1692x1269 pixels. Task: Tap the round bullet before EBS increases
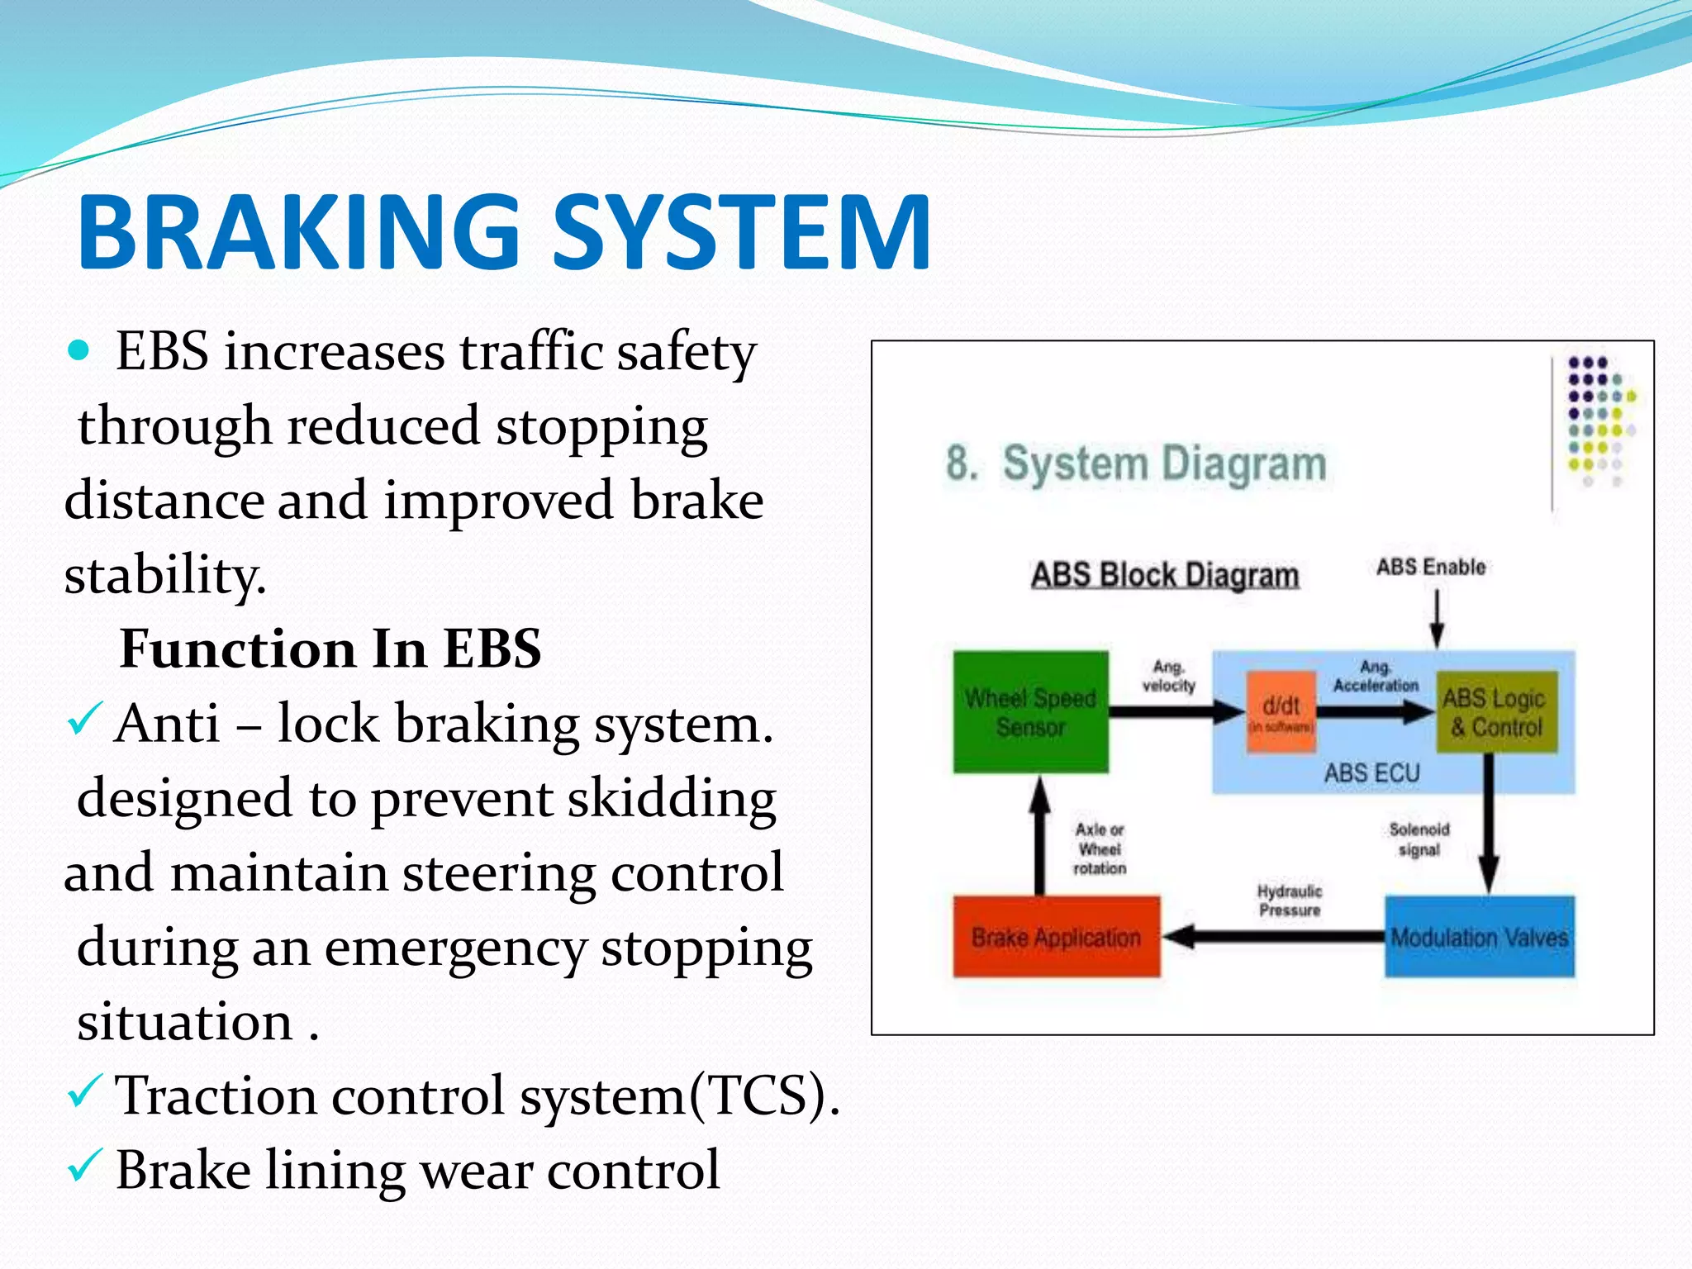click(78, 351)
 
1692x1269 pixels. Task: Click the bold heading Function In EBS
click(330, 649)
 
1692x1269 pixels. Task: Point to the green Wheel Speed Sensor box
click(1030, 712)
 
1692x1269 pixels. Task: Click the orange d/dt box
click(1281, 711)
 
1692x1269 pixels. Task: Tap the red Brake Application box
click(1056, 937)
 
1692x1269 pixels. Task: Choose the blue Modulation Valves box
click(1479, 937)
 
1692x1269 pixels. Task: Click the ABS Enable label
click(1430, 567)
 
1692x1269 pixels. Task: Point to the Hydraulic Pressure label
click(1289, 901)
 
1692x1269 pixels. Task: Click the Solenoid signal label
click(1419, 839)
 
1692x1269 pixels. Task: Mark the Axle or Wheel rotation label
click(1099, 848)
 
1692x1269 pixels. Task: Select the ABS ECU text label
click(1371, 773)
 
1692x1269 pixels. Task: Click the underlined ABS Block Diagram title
click(1164, 575)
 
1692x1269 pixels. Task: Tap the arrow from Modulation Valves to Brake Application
click(1272, 937)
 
